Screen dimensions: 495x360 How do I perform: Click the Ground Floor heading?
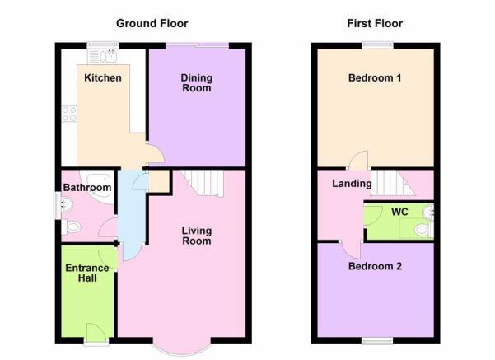pos(152,23)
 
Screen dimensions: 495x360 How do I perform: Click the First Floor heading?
pos(375,23)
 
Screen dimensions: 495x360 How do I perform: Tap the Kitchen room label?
pos(103,77)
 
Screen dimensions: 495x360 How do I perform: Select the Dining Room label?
pos(196,83)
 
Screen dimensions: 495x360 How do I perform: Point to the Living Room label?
pos(196,236)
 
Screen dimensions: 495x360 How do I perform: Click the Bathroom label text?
pos(87,187)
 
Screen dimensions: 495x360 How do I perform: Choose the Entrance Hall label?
pos(87,273)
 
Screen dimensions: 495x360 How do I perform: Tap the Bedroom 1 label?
pos(375,77)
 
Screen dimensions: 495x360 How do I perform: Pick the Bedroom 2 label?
pos(375,266)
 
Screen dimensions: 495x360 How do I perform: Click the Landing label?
pos(352,184)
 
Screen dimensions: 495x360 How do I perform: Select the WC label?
pos(399,212)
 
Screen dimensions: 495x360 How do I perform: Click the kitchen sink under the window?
pos(103,56)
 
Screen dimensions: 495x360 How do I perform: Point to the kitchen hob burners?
pos(69,114)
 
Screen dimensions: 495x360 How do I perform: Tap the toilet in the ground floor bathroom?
pos(72,227)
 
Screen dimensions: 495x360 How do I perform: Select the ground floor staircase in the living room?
pos(202,183)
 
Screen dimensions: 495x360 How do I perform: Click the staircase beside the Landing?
pos(393,183)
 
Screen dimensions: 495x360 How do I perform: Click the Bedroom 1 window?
pos(377,45)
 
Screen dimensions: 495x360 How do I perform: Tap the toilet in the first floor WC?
pos(423,230)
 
